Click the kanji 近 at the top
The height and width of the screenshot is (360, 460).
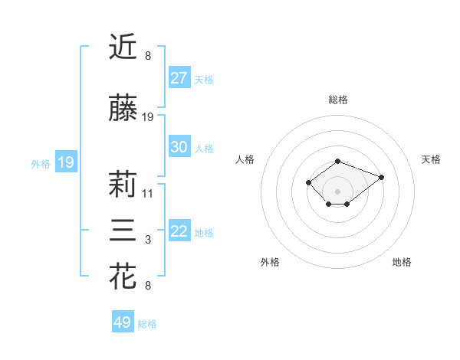tap(123, 47)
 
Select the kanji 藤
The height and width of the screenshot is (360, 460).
tap(123, 109)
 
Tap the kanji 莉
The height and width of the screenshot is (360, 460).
tap(123, 185)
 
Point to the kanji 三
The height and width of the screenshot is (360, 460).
tap(123, 231)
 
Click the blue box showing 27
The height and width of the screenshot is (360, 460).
tap(179, 78)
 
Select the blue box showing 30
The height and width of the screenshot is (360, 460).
tap(179, 147)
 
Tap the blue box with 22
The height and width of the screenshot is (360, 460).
tap(179, 231)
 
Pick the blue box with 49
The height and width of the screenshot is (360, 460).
tap(123, 322)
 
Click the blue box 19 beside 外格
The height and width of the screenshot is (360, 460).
tap(65, 162)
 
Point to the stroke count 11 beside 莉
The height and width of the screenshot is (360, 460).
tap(148, 194)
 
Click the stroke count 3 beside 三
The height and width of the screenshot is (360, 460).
tap(148, 241)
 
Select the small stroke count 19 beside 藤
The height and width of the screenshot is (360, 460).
tap(148, 117)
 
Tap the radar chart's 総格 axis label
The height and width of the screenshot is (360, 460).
tap(338, 100)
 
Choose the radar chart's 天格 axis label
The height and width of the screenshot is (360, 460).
tap(431, 159)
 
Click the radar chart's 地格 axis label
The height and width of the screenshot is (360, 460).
tap(402, 262)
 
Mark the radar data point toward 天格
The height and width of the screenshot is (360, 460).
tap(381, 177)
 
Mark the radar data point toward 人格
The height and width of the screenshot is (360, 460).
tap(308, 182)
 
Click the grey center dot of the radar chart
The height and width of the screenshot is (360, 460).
tap(338, 191)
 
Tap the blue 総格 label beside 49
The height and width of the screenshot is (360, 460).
tap(147, 323)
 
